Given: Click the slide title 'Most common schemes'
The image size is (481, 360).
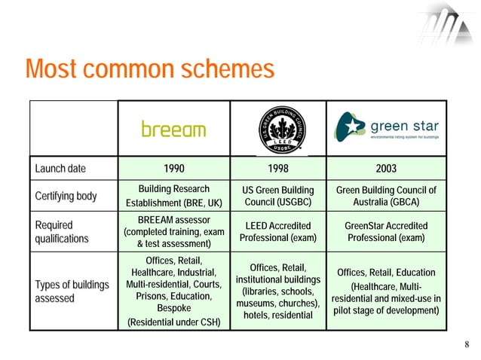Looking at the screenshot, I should tap(149, 70).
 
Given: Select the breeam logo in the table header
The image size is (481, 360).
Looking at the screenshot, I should tap(173, 130).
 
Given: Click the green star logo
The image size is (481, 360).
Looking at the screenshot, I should tap(387, 129).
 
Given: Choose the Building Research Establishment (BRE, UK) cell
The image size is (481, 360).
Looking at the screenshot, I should tap(173, 196).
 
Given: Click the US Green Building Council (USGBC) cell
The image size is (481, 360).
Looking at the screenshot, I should tap(277, 196).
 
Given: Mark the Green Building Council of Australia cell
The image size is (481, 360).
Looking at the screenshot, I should tap(387, 196).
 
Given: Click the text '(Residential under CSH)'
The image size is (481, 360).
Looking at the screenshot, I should tap(173, 322).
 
